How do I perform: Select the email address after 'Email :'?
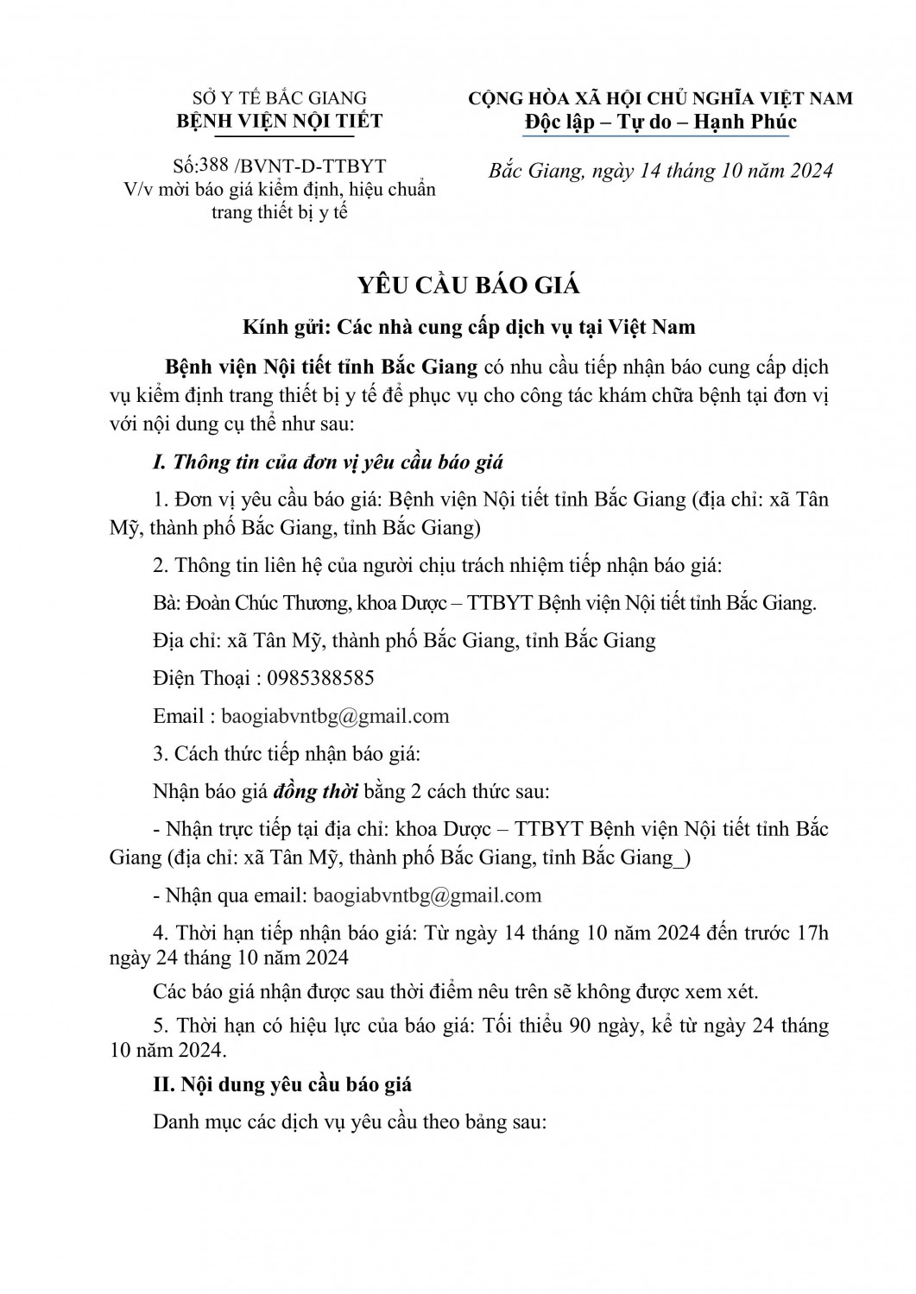click(335, 716)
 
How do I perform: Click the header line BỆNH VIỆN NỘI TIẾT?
click(279, 121)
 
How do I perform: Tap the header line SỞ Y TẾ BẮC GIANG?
click(279, 98)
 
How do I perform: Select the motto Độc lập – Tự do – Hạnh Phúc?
click(660, 122)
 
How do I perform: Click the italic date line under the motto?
click(660, 170)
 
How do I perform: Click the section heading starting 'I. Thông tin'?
click(328, 462)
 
